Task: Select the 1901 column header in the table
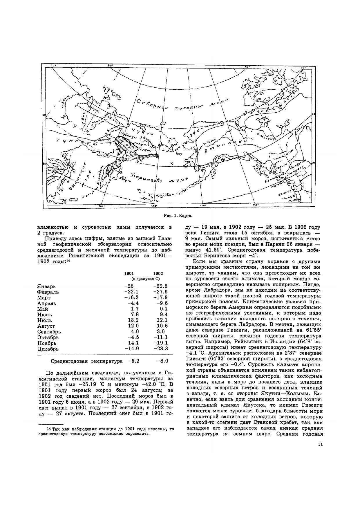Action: click(129, 273)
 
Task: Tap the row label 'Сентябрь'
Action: click(49, 331)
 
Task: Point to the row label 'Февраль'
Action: click(48, 292)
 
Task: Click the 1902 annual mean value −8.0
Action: click(162, 361)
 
